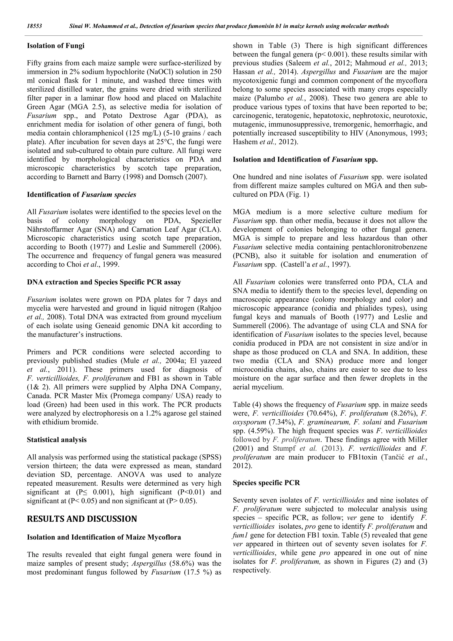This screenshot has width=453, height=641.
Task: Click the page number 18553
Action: [34, 26]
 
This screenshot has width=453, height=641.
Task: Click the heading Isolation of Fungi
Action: [56, 46]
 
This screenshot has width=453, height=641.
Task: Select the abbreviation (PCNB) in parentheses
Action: [246, 256]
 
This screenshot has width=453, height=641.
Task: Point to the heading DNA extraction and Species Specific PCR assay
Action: [104, 282]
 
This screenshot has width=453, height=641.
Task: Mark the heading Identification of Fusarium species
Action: [81, 195]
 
